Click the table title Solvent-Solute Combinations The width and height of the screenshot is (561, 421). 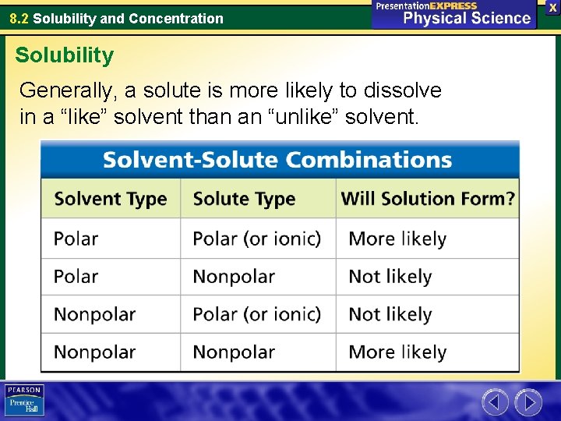[x=277, y=161]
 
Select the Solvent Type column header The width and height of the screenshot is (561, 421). [x=111, y=199]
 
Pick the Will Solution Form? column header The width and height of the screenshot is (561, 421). [x=428, y=199]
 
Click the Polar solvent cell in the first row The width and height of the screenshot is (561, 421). [x=76, y=239]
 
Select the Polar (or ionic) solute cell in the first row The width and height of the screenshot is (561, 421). [x=256, y=239]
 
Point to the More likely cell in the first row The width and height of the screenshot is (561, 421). [x=397, y=239]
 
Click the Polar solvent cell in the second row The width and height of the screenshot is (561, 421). [x=76, y=277]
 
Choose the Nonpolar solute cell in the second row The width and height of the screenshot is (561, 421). [x=234, y=277]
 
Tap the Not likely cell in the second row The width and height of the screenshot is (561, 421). [x=390, y=277]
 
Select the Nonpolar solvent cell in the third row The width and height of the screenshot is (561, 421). [x=94, y=314]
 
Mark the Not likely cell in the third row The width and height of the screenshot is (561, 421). [x=390, y=314]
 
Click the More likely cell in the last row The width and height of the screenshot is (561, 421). [x=397, y=352]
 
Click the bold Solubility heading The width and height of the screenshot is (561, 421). [x=64, y=55]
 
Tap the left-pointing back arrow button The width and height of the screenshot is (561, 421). [x=495, y=402]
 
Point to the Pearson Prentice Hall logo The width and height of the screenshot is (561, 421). [x=24, y=401]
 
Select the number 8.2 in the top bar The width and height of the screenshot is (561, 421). [x=19, y=18]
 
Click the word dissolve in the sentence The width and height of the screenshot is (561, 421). [x=404, y=90]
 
